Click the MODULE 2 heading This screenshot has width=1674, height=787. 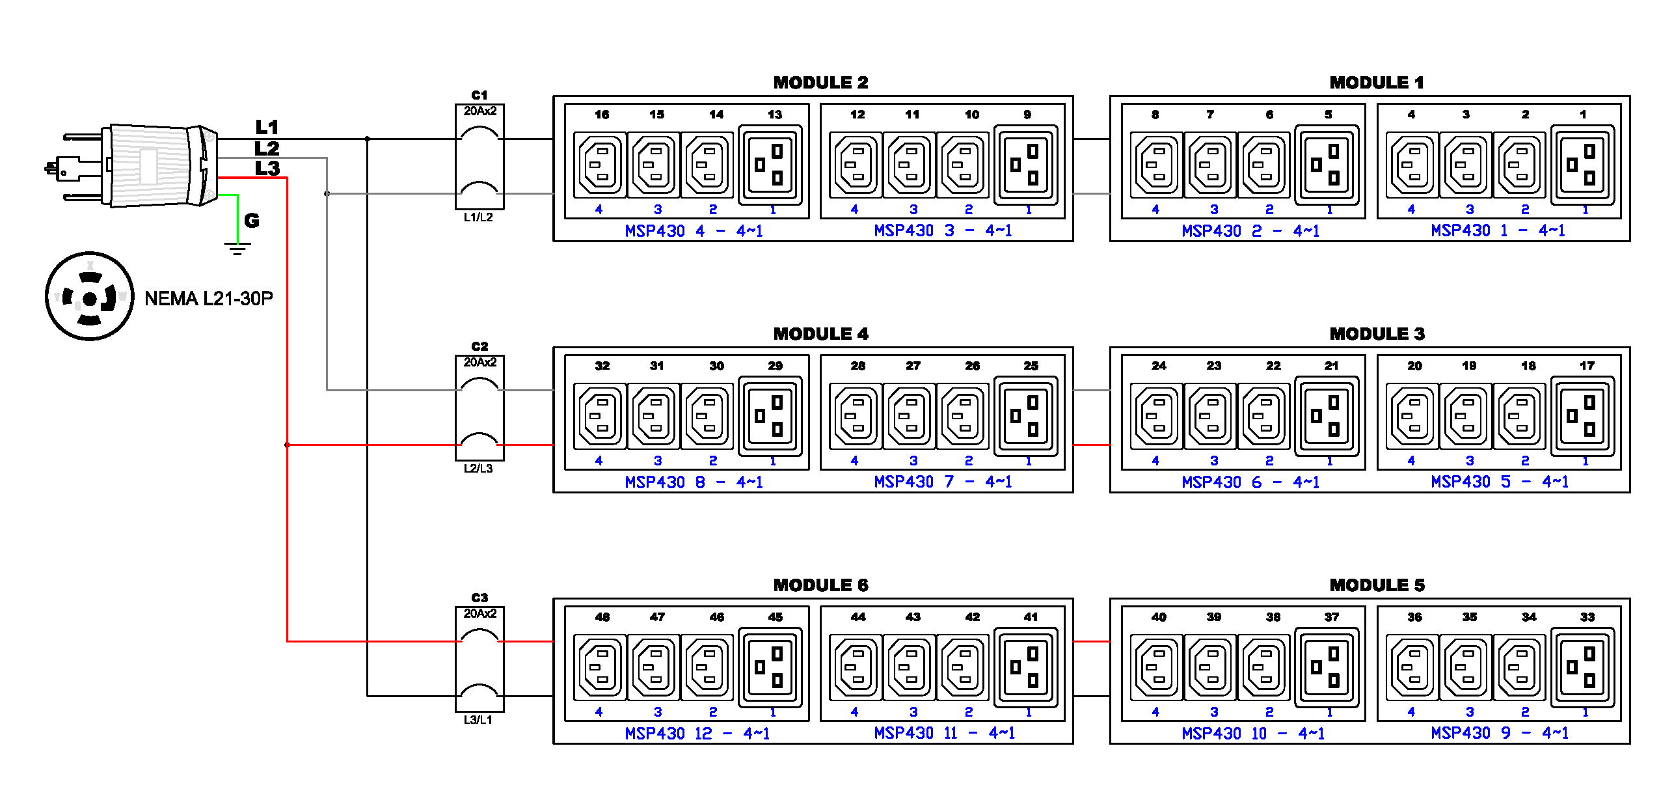click(820, 83)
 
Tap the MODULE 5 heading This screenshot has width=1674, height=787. click(1377, 585)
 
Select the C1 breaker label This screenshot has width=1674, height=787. click(479, 95)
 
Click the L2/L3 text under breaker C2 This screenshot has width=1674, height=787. click(478, 469)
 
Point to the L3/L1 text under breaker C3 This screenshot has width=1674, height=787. click(478, 720)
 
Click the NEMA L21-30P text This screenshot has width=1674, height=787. click(208, 299)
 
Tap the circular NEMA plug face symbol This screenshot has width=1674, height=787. click(90, 297)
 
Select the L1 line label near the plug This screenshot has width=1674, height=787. click(267, 127)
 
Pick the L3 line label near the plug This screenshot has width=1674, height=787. click(267, 169)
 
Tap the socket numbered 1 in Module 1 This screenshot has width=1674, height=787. click(1582, 165)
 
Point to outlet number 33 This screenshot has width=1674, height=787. click(1582, 668)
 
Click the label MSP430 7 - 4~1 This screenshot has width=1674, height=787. click(943, 482)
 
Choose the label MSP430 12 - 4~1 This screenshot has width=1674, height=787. click(697, 734)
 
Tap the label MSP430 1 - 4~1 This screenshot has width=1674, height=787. click(1498, 231)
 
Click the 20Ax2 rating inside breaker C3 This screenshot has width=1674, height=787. click(479, 614)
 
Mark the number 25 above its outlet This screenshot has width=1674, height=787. click(1031, 366)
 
